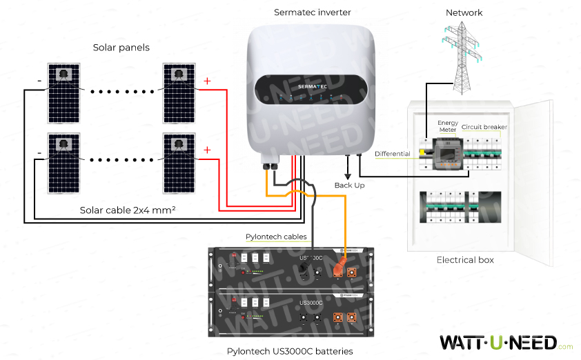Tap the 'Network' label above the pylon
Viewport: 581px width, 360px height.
click(464, 12)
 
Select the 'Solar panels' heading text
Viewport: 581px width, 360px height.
click(121, 48)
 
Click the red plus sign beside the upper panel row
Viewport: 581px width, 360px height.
click(206, 82)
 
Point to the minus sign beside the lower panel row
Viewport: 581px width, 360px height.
click(39, 151)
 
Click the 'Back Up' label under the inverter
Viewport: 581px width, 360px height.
click(348, 186)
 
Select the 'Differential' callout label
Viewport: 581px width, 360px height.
click(392, 154)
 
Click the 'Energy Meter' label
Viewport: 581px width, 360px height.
click(448, 127)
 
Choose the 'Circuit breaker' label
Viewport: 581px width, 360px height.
click(484, 127)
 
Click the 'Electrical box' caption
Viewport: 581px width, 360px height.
click(466, 260)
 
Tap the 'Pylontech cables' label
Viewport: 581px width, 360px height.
click(276, 237)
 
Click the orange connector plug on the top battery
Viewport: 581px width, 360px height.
click(339, 267)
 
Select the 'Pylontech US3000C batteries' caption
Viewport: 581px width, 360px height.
click(290, 351)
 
